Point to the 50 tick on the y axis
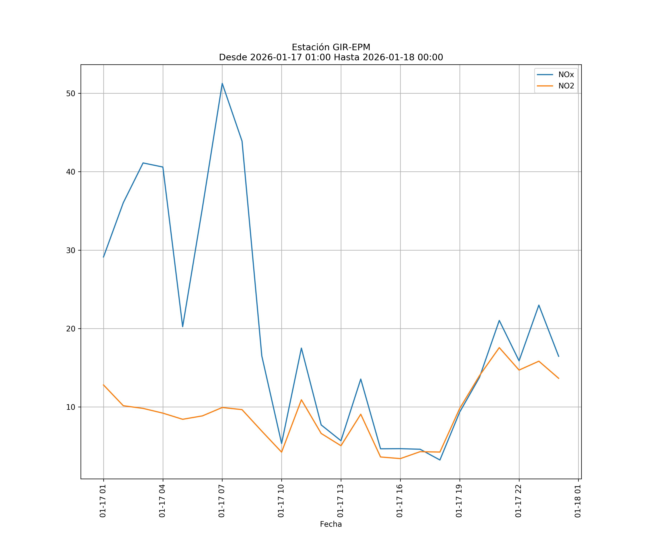pyautogui.click(x=71, y=93)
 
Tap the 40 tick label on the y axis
pyautogui.click(x=71, y=172)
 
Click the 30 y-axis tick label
pyautogui.click(x=71, y=250)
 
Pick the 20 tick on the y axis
pyautogui.click(x=71, y=329)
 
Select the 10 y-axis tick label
pyautogui.click(x=71, y=407)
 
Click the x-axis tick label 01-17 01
pyautogui.click(x=103, y=501)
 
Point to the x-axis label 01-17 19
pyautogui.click(x=459, y=501)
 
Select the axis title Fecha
pyautogui.click(x=331, y=524)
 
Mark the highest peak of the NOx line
pyautogui.click(x=222, y=83)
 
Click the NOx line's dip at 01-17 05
pyautogui.click(x=182, y=327)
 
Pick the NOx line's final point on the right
pyautogui.click(x=559, y=356)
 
